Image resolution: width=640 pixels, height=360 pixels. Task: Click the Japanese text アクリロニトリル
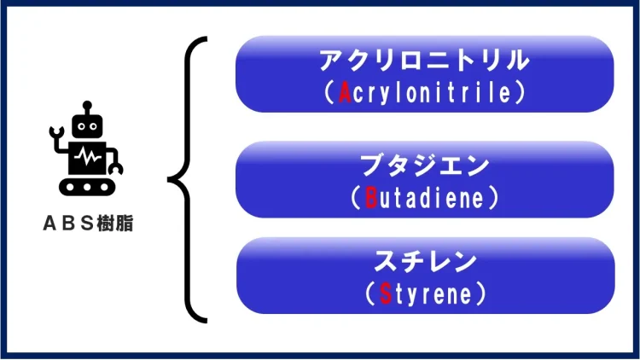(425, 61)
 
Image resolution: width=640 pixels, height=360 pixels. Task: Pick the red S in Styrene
(386, 294)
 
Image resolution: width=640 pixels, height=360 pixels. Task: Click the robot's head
(85, 126)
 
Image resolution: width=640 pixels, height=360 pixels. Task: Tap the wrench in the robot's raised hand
(57, 134)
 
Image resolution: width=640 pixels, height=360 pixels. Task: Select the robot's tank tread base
(86, 184)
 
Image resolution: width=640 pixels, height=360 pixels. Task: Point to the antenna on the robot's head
(85, 107)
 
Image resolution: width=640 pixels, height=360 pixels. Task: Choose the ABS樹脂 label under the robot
(87, 224)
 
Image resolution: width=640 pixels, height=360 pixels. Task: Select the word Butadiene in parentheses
(424, 198)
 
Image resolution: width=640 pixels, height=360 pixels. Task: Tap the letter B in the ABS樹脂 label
(70, 224)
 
